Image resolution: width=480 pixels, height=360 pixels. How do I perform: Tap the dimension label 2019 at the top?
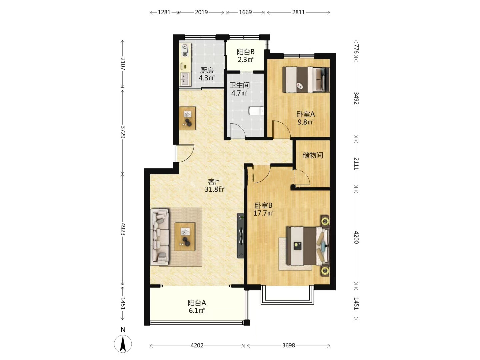pyautogui.click(x=201, y=12)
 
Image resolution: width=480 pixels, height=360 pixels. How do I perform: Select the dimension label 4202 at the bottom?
pyautogui.click(x=197, y=346)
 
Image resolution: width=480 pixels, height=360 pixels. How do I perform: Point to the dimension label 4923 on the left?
pyautogui.click(x=123, y=229)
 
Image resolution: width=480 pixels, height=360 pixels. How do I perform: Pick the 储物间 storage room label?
pyautogui.click(x=313, y=155)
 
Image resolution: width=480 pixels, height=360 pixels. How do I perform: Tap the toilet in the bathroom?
pyautogui.click(x=257, y=111)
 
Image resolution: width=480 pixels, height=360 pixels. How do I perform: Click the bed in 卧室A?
pyautogui.click(x=306, y=80)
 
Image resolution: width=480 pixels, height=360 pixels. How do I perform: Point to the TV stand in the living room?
pyautogui.click(x=241, y=236)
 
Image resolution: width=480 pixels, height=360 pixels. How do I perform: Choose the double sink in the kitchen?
pyautogui.click(x=185, y=79)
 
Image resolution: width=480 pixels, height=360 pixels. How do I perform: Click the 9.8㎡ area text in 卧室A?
pyautogui.click(x=305, y=122)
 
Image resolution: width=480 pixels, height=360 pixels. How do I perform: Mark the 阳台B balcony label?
pyautogui.click(x=246, y=52)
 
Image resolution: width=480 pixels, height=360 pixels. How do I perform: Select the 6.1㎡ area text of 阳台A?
pyautogui.click(x=197, y=310)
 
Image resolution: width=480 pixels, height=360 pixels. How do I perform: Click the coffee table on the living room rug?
pyautogui.click(x=185, y=237)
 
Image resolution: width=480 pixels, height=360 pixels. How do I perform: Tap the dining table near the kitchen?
pyautogui.click(x=187, y=118)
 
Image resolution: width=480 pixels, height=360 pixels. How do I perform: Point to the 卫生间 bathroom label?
pyautogui.click(x=239, y=85)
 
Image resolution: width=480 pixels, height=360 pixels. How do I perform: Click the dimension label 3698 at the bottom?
pyautogui.click(x=288, y=346)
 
